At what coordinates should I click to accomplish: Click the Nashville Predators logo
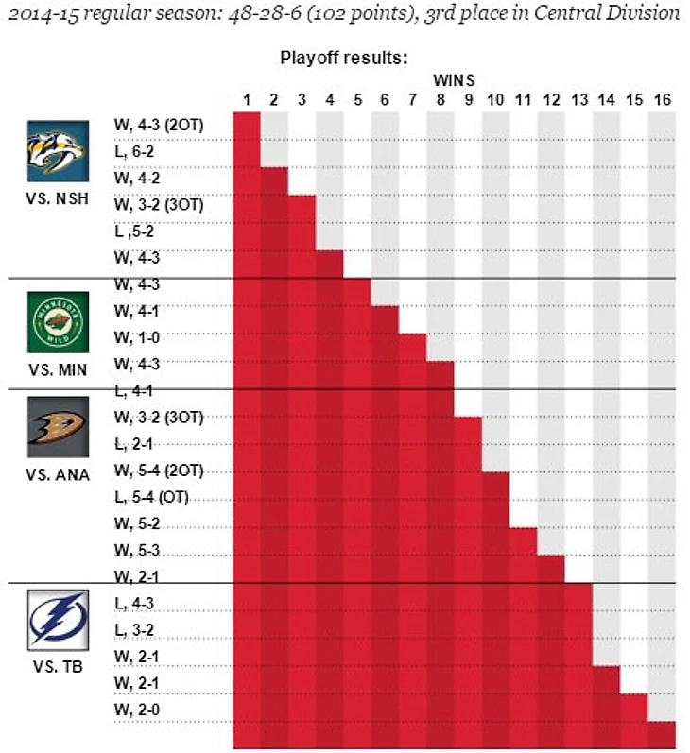click(57, 151)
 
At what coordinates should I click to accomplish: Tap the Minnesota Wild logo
click(57, 322)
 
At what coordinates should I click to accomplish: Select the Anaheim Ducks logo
click(57, 427)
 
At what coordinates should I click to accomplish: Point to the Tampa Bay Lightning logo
click(57, 620)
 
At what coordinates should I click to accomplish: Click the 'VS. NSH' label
click(57, 199)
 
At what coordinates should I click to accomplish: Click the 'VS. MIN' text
click(57, 369)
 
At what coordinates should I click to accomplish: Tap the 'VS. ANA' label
click(57, 474)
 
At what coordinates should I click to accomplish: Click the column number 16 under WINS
click(662, 99)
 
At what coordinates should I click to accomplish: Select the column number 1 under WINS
click(247, 99)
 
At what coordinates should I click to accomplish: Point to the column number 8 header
click(440, 99)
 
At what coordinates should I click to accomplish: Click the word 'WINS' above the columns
click(454, 79)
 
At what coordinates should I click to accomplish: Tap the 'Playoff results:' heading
click(343, 58)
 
